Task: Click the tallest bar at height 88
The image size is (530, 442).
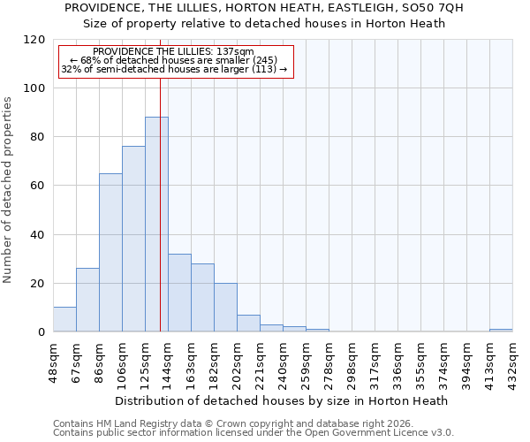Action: click(156, 225)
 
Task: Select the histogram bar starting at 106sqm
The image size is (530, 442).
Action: click(133, 239)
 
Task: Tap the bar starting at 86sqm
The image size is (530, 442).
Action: click(110, 253)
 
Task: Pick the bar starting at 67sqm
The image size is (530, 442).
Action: click(87, 300)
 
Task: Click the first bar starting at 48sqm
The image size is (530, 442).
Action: click(64, 319)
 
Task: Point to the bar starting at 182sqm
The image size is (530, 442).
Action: click(225, 308)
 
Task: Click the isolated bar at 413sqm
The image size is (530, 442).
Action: click(500, 331)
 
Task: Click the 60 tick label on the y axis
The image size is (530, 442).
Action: click(37, 186)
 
